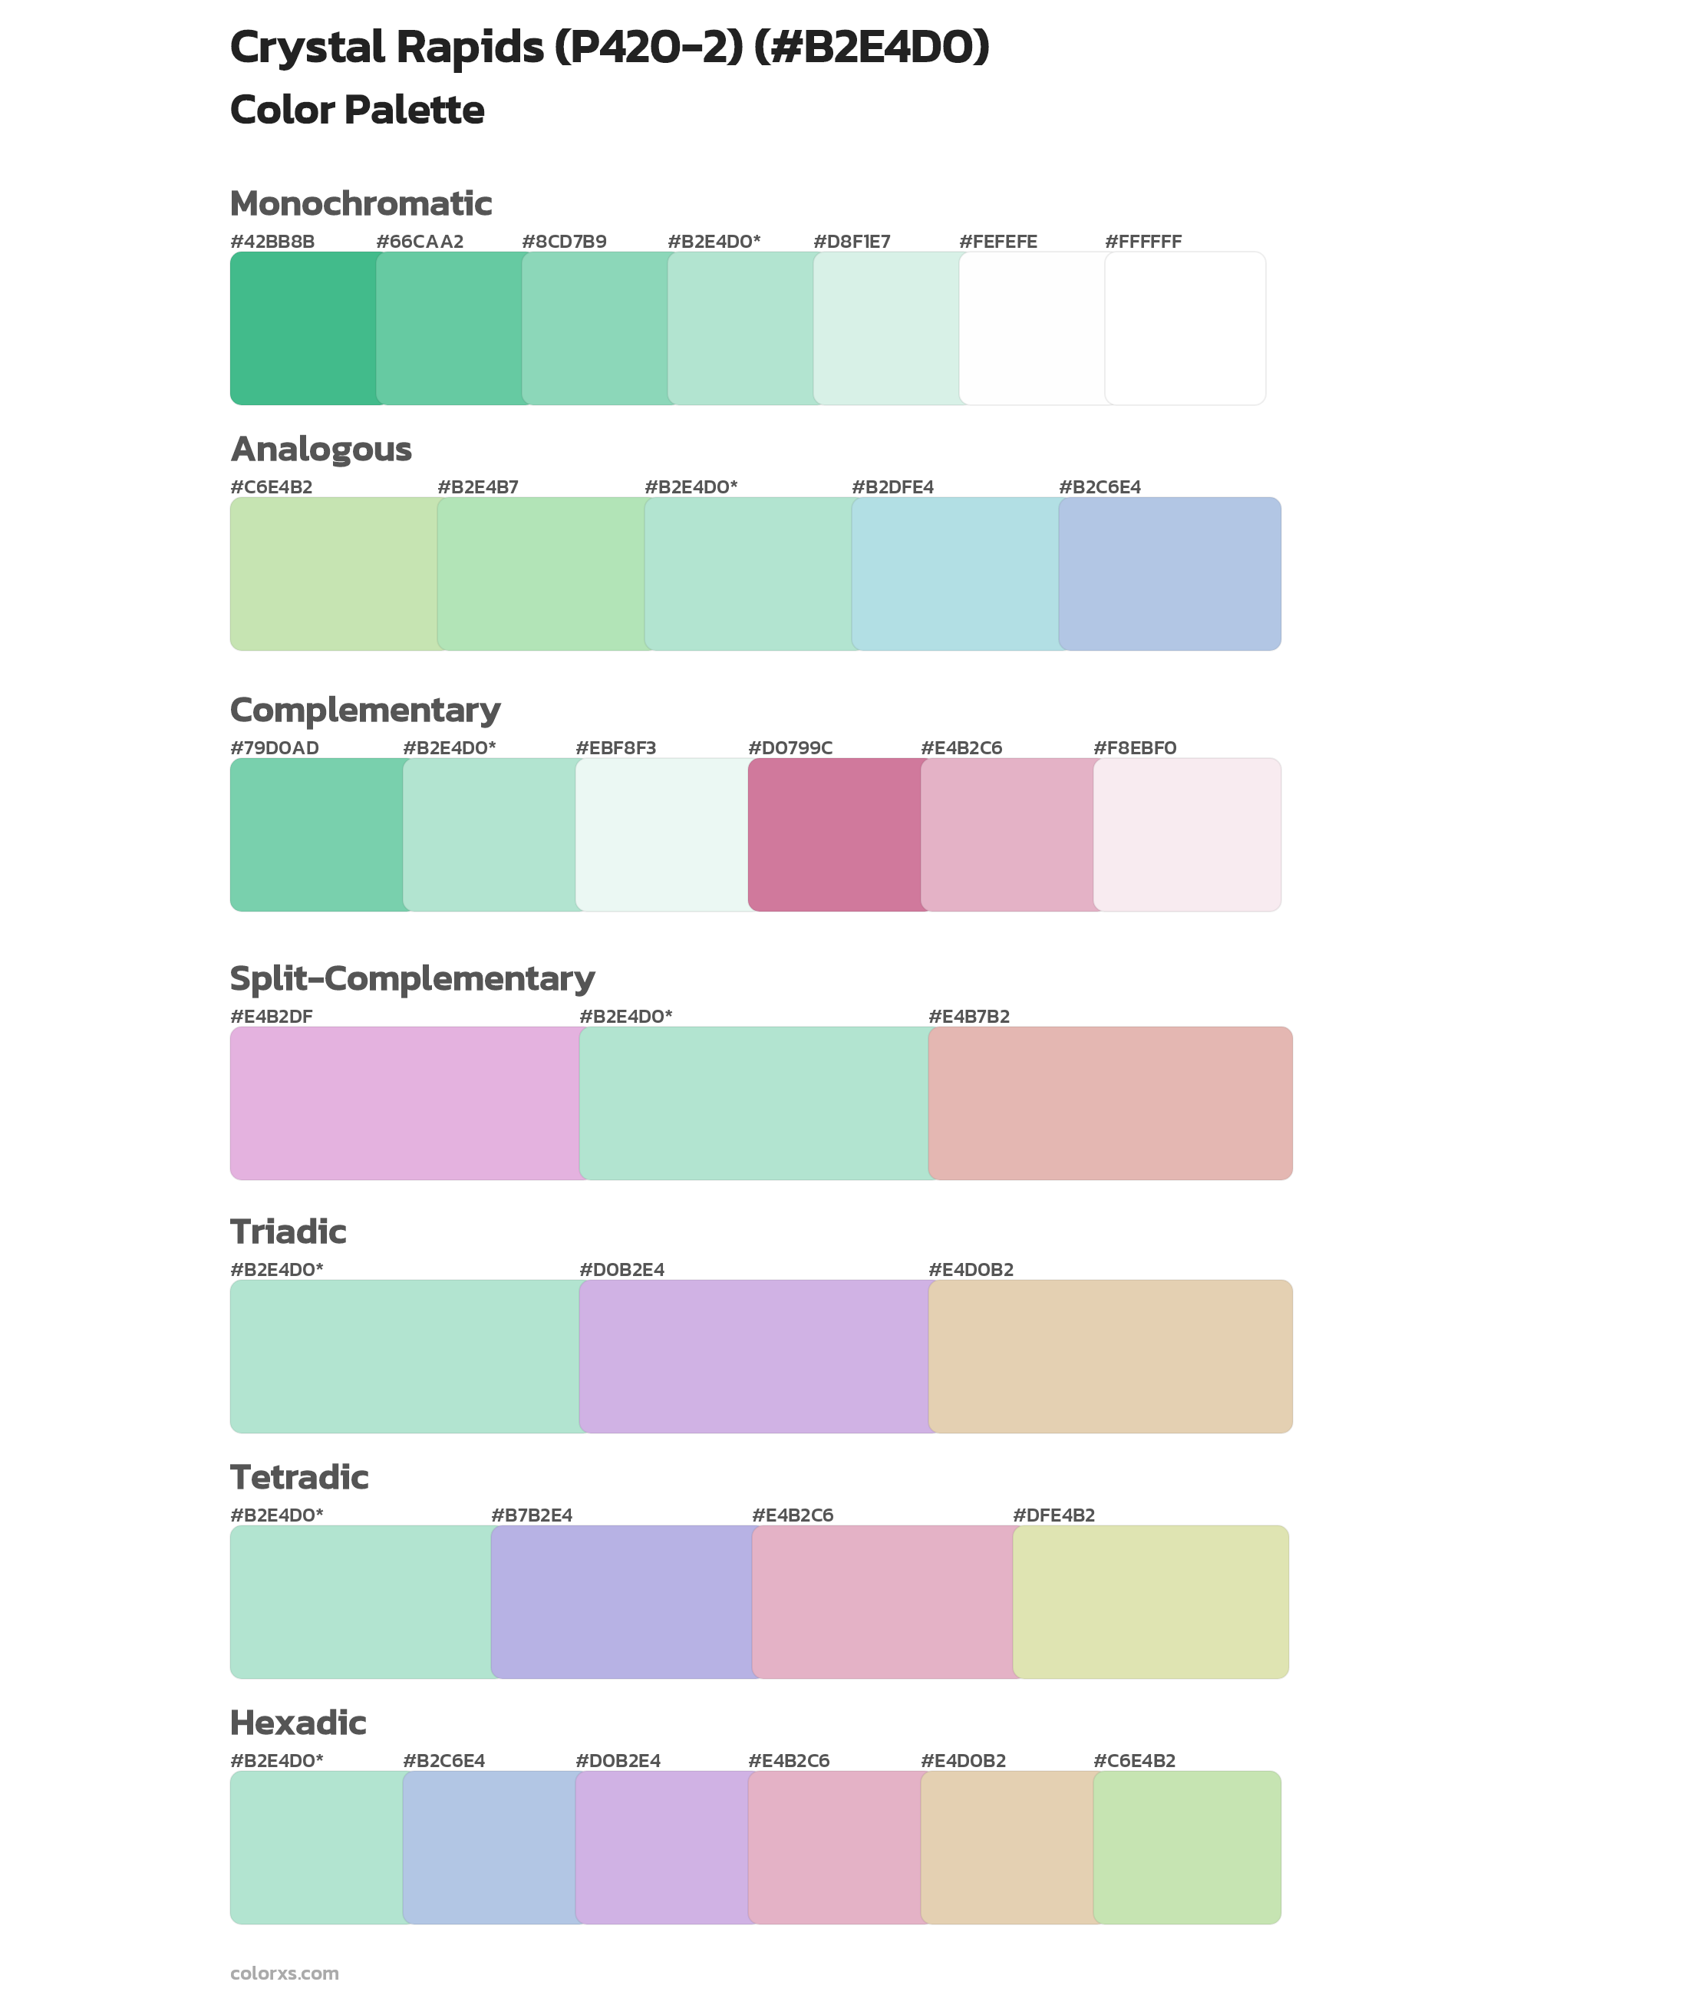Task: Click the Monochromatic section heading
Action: (x=361, y=204)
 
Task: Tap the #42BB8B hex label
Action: (x=272, y=241)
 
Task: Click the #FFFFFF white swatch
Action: (x=1185, y=328)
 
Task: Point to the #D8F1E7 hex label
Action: (x=852, y=241)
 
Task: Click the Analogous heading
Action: (x=321, y=449)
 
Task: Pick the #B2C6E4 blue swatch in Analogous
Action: (x=1169, y=573)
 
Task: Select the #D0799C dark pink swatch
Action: (x=835, y=834)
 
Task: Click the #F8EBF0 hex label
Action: (x=1134, y=747)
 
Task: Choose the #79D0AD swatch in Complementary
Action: (x=317, y=834)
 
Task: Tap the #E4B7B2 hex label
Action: (x=968, y=1016)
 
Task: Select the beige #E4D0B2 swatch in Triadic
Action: (x=1110, y=1356)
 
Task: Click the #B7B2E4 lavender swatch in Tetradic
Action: (x=622, y=1601)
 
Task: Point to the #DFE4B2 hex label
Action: (x=1053, y=1515)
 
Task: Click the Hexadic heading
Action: (x=298, y=1723)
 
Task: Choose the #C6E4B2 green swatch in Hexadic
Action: (x=1186, y=1847)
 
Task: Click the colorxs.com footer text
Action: (x=284, y=1973)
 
